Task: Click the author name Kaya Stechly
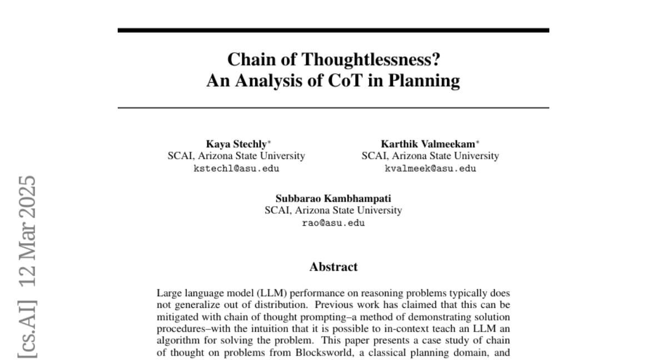pos(234,144)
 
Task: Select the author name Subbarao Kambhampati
pos(333,198)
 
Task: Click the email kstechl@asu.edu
pos(236,168)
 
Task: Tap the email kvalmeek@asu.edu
pos(430,168)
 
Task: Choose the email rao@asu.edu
pos(333,223)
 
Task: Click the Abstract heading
pos(333,267)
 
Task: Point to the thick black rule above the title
pos(333,30)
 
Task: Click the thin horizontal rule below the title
pos(333,107)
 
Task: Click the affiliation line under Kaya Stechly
pos(236,156)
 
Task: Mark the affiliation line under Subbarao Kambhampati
pos(333,211)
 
